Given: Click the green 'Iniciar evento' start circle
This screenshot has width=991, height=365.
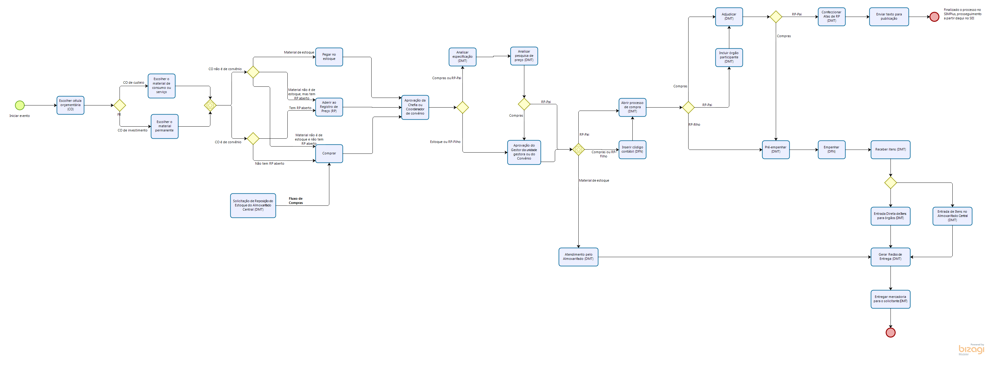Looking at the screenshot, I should pyautogui.click(x=20, y=105).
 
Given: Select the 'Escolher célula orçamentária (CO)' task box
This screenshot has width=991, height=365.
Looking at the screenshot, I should pyautogui.click(x=70, y=105).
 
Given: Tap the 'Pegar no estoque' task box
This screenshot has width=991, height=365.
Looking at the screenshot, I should pyautogui.click(x=329, y=57).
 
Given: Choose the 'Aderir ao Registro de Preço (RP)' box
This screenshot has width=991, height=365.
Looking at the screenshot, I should pyautogui.click(x=329, y=107).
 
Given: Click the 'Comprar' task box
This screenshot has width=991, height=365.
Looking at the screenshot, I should pyautogui.click(x=329, y=153).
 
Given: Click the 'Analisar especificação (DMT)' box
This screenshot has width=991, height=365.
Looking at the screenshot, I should pyautogui.click(x=462, y=57).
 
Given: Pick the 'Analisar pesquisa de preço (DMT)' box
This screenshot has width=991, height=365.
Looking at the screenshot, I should pyautogui.click(x=524, y=56).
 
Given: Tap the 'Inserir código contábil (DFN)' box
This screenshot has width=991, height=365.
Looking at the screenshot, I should pyautogui.click(x=632, y=149).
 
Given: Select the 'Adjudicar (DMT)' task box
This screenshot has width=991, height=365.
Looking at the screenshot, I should pyautogui.click(x=729, y=17).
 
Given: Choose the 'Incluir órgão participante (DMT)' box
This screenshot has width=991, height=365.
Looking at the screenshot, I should pyautogui.click(x=729, y=57).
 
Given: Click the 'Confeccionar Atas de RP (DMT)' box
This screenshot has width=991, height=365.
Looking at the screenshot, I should pyautogui.click(x=831, y=17).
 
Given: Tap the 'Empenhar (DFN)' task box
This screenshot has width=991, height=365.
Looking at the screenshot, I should pyautogui.click(x=831, y=149).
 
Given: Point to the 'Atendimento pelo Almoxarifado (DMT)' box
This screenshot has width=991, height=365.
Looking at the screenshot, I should pyautogui.click(x=578, y=257).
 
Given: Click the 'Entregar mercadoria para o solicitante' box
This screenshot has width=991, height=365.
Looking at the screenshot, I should pyautogui.click(x=890, y=299).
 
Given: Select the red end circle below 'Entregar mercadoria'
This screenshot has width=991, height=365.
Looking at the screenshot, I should pyautogui.click(x=890, y=332).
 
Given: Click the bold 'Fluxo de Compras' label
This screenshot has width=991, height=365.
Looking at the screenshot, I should pyautogui.click(x=296, y=201).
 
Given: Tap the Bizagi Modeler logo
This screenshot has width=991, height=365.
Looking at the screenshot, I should pyautogui.click(x=971, y=349).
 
